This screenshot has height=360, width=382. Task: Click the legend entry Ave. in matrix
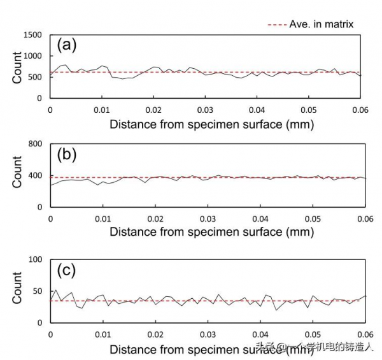point(311,24)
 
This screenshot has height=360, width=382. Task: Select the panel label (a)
point(67,45)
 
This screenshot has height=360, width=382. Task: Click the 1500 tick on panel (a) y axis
point(32,35)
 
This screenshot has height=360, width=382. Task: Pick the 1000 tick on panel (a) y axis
point(32,56)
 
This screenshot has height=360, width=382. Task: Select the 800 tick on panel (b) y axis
point(35,144)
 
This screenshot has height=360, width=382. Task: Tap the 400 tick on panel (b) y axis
point(35,176)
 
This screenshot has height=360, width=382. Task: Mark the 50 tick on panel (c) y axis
point(38,291)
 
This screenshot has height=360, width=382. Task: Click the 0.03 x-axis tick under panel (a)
point(206,110)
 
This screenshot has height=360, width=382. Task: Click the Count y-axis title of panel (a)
point(18,67)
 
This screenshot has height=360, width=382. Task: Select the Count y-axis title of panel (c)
point(18,291)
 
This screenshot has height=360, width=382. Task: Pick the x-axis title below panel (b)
point(211,232)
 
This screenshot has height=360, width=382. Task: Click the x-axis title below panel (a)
point(211,124)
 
